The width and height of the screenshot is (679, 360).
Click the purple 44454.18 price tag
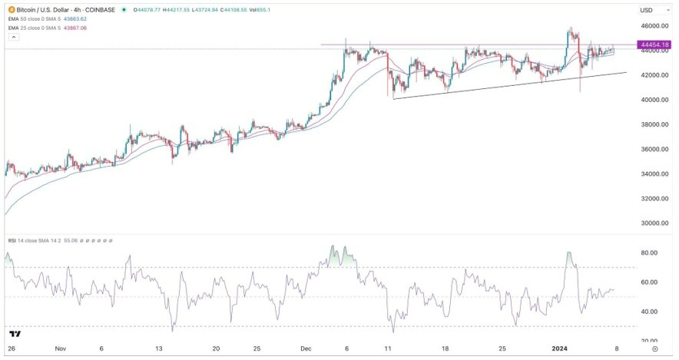[654, 45]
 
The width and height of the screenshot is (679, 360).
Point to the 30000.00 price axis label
[653, 223]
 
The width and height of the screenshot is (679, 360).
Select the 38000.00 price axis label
[653, 124]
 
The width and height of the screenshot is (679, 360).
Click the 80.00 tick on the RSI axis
[651, 253]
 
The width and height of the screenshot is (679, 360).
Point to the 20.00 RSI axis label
[651, 340]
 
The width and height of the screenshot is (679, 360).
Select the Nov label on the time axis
[61, 348]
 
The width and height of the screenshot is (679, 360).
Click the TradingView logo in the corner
[15, 335]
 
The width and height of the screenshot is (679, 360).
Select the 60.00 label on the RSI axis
[651, 282]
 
